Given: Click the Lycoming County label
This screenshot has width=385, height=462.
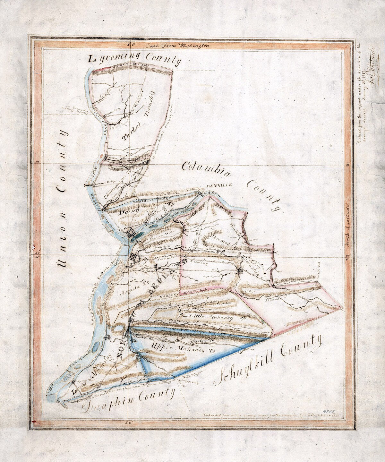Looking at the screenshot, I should [x=135, y=59].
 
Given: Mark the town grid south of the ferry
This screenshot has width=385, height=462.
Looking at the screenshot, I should [x=133, y=257].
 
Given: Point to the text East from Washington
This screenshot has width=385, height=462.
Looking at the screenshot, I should [x=177, y=46].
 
